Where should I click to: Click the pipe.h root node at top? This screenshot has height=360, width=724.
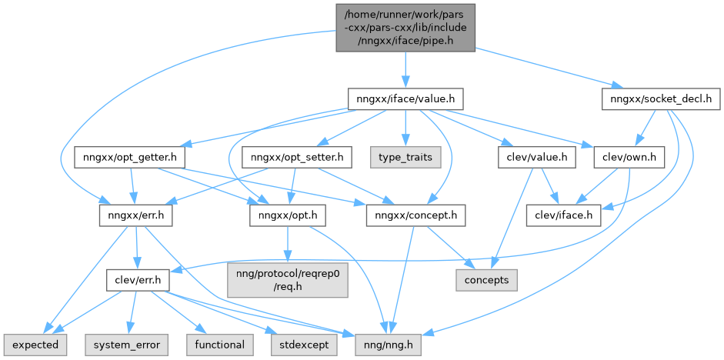click(x=405, y=28)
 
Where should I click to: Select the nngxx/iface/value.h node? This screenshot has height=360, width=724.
click(x=405, y=99)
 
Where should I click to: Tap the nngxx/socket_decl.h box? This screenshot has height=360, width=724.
click(x=660, y=99)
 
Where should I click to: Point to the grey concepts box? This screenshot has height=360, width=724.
click(x=486, y=280)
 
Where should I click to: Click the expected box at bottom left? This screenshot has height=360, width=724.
click(x=35, y=345)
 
